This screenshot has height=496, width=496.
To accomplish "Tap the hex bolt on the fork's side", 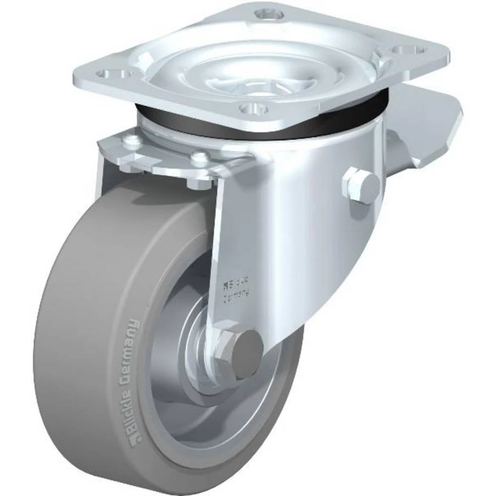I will tap(361, 186).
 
